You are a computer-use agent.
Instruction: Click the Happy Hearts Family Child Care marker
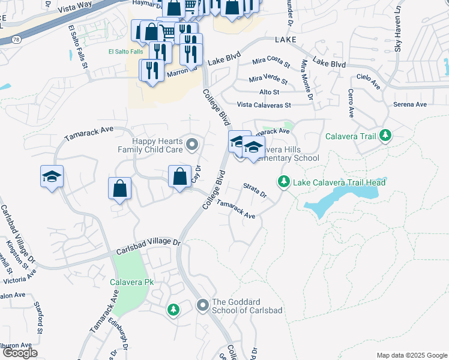pos(192,143)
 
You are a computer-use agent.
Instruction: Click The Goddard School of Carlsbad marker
pos(203,306)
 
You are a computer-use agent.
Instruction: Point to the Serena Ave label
pos(409,104)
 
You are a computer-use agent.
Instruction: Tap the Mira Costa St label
pos(271,62)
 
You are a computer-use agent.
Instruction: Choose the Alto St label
pos(269,92)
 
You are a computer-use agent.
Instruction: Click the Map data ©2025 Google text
pos(412,355)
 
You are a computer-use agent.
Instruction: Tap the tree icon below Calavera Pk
pos(173,309)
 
